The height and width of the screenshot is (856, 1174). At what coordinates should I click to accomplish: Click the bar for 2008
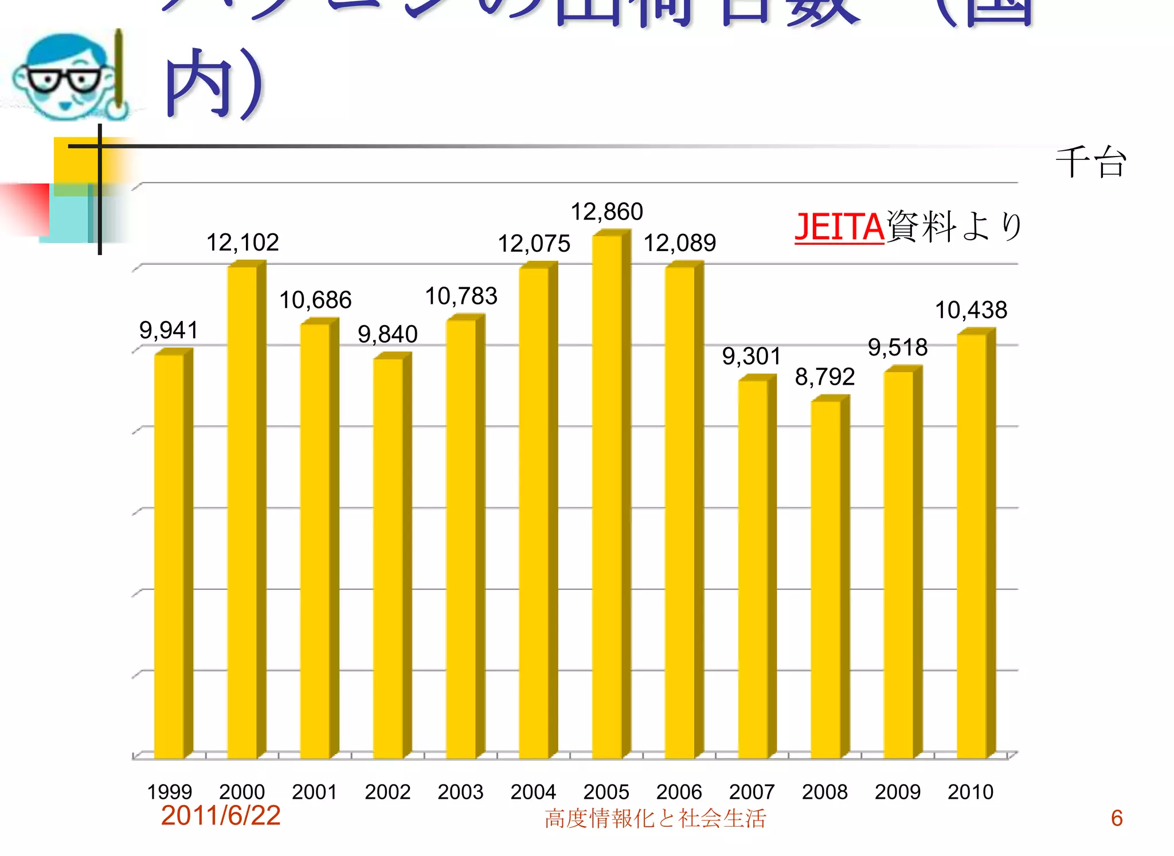click(x=826, y=579)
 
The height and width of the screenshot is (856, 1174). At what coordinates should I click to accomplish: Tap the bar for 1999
click(x=170, y=556)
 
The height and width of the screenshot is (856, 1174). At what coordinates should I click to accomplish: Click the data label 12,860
click(x=606, y=212)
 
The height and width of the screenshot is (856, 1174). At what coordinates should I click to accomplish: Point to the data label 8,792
click(x=825, y=377)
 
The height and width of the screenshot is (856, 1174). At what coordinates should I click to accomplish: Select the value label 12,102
click(x=242, y=243)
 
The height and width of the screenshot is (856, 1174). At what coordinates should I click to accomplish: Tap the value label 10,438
click(x=971, y=310)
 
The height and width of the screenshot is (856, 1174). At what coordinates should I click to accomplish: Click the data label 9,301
click(x=752, y=356)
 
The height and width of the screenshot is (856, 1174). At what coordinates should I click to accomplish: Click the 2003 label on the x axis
click(x=460, y=792)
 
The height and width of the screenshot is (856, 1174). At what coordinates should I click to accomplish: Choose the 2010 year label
click(x=970, y=792)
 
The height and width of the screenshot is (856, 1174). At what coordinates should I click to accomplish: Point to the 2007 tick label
click(x=752, y=792)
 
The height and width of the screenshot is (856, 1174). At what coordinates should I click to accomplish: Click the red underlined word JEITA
click(x=839, y=227)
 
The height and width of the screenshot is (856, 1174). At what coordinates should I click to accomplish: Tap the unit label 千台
click(x=1091, y=162)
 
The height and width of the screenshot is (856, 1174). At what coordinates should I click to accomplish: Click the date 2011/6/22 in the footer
click(x=221, y=815)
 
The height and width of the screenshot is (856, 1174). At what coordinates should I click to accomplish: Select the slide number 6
click(x=1116, y=818)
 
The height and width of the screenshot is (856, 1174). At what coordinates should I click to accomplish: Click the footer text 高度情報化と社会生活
click(x=655, y=819)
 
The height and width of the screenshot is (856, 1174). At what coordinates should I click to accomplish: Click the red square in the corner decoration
click(x=26, y=208)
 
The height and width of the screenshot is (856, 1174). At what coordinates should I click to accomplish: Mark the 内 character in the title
click(x=198, y=83)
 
